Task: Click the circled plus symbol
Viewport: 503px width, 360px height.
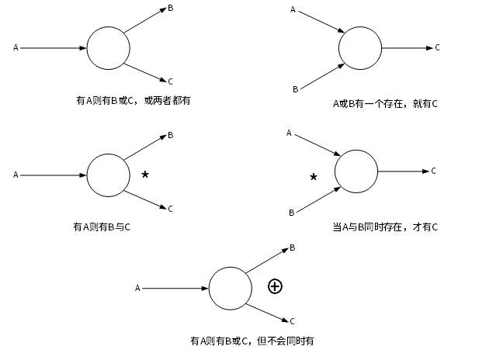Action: click(x=275, y=286)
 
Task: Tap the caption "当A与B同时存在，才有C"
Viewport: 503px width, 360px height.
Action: click(x=385, y=227)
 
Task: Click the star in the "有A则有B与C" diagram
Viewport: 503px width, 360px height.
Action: click(x=145, y=175)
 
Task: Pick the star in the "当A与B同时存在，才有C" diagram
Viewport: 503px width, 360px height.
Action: click(x=314, y=177)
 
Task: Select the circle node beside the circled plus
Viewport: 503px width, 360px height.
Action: click(x=231, y=288)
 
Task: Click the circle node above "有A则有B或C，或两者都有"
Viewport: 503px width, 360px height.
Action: click(x=109, y=48)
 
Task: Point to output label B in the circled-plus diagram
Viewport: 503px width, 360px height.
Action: click(x=292, y=247)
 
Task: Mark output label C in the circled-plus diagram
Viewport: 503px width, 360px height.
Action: click(x=292, y=320)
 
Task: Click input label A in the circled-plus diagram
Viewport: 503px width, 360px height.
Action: click(x=137, y=289)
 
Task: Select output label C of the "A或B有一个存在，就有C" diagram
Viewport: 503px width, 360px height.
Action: click(x=437, y=47)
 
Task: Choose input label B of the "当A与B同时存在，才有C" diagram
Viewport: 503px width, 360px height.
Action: click(x=291, y=212)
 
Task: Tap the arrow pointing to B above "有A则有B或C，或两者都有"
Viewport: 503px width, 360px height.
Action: click(x=145, y=21)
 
